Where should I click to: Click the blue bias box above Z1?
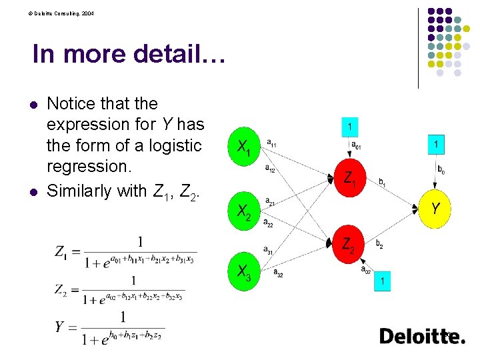click(351, 126)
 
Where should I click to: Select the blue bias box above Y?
click(436, 143)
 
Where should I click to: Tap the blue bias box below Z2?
click(383, 282)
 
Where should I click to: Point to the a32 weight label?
click(278, 273)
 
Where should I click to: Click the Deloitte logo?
click(423, 337)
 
